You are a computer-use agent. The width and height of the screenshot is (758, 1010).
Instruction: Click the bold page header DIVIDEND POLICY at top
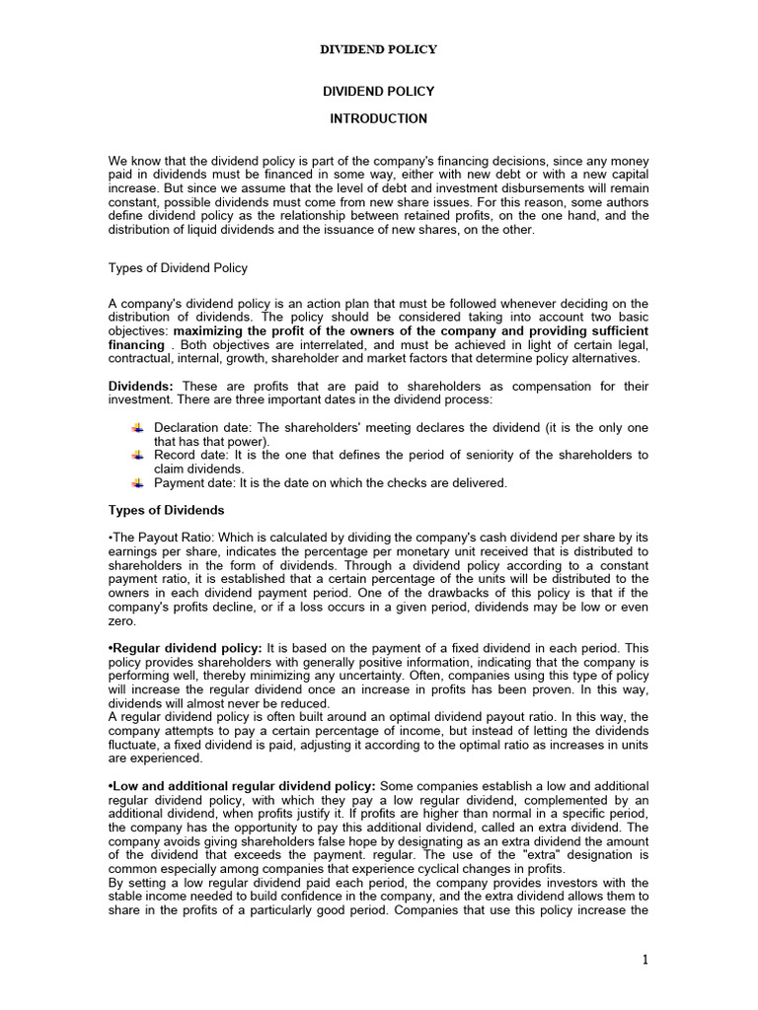(378, 48)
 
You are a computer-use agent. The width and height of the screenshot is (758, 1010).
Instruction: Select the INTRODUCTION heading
(378, 118)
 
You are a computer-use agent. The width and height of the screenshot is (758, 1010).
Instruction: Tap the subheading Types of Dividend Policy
(178, 267)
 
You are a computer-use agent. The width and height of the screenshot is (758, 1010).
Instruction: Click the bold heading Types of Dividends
(165, 510)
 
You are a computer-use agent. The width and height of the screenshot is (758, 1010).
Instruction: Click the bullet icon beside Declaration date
(137, 426)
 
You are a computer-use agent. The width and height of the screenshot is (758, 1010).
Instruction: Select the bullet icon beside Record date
(137, 455)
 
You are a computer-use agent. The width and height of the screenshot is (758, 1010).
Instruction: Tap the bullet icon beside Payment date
(137, 482)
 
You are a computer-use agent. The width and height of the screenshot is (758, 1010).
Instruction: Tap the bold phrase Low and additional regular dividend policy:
(241, 784)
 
